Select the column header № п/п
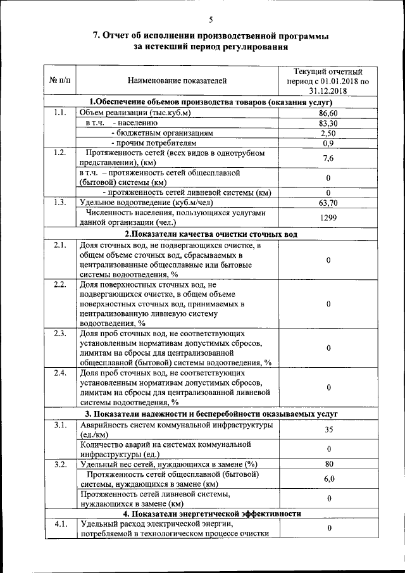[59, 81]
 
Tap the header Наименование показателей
[177, 81]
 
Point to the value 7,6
[328, 158]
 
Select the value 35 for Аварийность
[328, 429]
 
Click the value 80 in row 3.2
[328, 463]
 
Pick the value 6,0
[328, 479]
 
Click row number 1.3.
[59, 203]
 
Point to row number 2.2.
[59, 284]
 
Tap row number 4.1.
[59, 524]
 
